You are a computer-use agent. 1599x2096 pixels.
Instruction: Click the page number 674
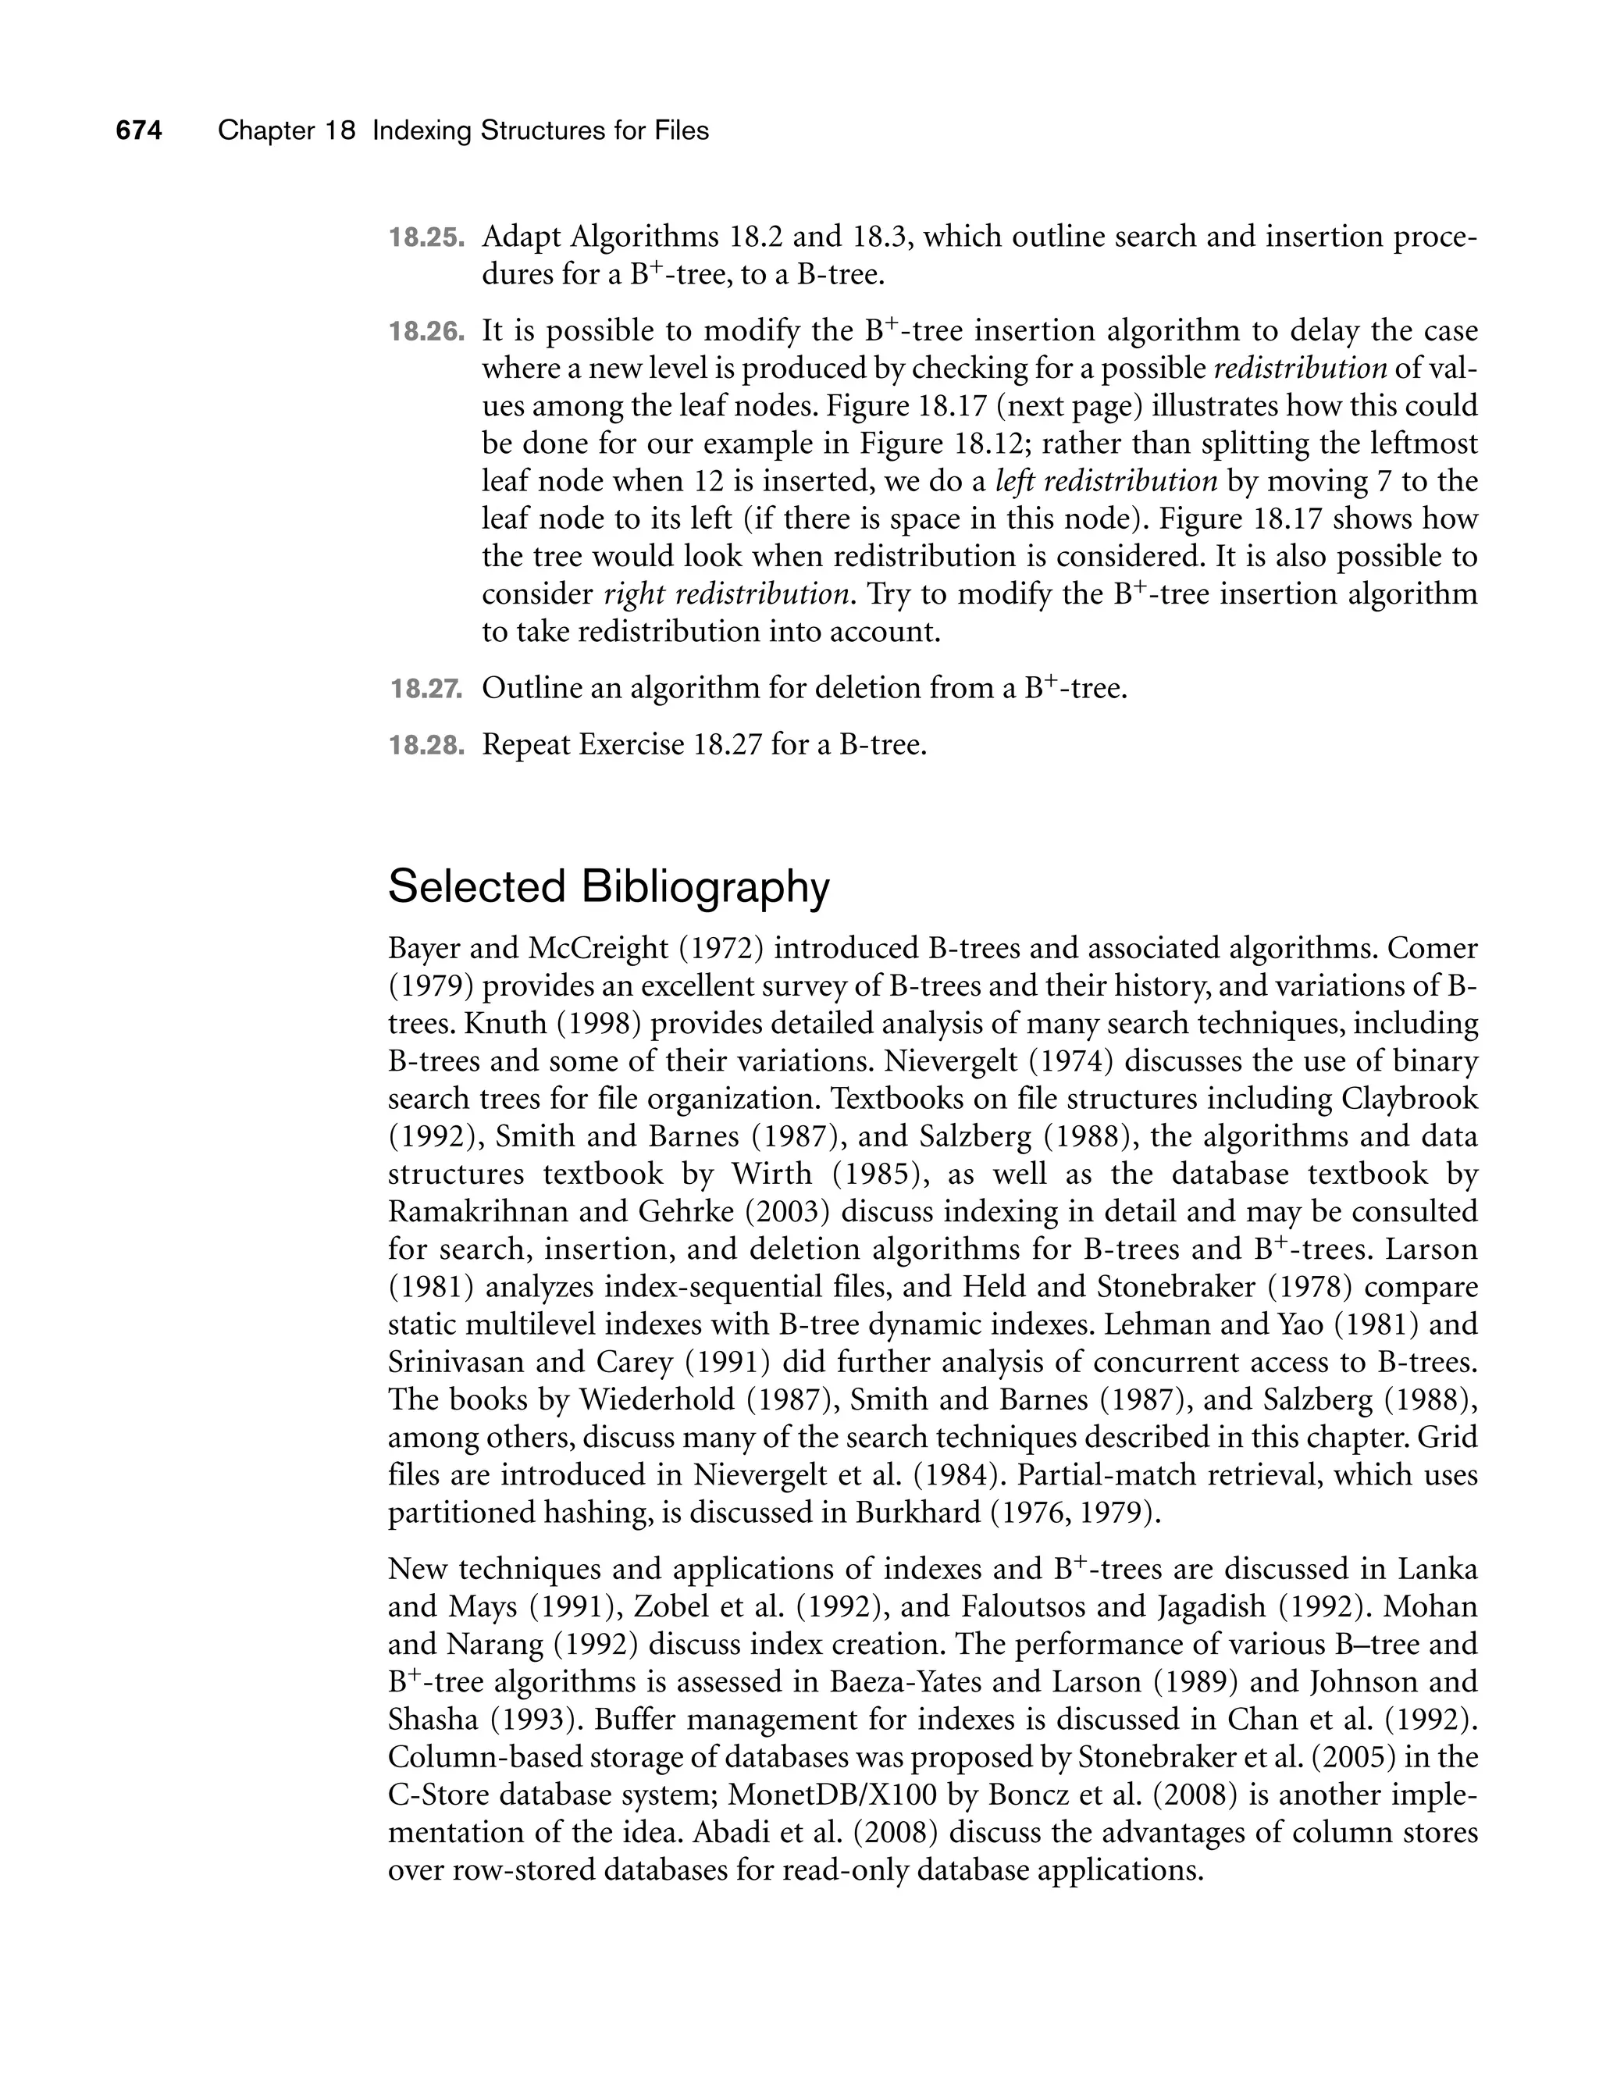click(139, 130)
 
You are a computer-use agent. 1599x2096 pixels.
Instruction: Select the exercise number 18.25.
click(426, 237)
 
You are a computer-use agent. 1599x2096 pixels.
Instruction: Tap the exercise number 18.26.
click(426, 331)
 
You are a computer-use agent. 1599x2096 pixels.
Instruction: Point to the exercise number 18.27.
click(426, 688)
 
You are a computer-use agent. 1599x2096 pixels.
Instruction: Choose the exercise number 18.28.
click(426, 744)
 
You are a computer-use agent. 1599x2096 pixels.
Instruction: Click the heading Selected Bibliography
click(609, 887)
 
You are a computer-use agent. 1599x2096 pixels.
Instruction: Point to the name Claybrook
click(1409, 1100)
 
